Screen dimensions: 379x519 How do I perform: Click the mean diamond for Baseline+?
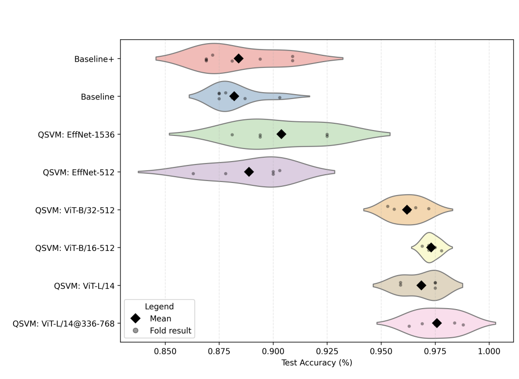click(x=238, y=58)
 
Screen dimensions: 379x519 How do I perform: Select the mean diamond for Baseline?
click(x=234, y=96)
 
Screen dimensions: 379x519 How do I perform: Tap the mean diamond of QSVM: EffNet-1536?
click(x=281, y=134)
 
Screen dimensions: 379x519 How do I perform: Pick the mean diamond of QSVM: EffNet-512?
click(x=249, y=172)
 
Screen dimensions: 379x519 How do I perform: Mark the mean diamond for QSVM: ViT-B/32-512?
click(x=407, y=210)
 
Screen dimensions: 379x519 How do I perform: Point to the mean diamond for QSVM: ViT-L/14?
click(x=421, y=285)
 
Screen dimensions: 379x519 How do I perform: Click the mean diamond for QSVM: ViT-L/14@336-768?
click(x=437, y=323)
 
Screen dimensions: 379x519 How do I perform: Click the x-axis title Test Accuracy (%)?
click(x=316, y=363)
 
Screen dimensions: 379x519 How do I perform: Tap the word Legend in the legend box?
click(x=159, y=307)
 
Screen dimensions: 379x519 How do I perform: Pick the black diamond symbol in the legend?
click(x=135, y=318)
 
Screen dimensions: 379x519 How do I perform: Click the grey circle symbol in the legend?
click(x=135, y=330)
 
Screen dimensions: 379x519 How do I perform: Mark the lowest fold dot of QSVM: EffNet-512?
click(x=193, y=173)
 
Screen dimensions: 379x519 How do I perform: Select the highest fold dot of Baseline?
click(x=280, y=98)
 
